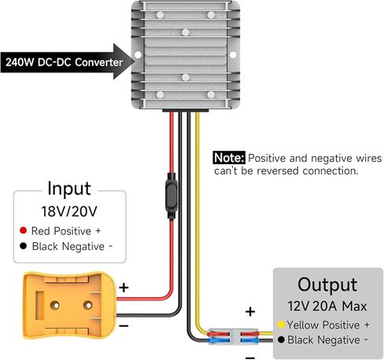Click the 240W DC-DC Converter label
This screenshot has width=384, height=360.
pos(64,62)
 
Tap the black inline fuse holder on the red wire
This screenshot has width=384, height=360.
pos(171,196)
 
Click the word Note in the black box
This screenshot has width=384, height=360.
pos(229,158)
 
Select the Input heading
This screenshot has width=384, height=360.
pos(69,189)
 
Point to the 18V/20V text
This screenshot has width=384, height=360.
pos(69,211)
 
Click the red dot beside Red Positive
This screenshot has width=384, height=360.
pos(23,230)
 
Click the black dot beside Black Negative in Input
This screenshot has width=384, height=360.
pos(23,246)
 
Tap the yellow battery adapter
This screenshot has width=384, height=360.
pos(69,305)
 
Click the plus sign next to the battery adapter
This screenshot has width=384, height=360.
pos(124,288)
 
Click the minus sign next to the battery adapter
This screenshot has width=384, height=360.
pos(124,325)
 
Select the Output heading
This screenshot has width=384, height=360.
pos(327,285)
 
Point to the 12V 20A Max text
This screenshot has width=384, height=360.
pos(327,306)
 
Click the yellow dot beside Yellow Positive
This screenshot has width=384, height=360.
pos(281,325)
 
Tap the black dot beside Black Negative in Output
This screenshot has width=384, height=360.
pos(281,340)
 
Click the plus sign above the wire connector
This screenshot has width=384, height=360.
pos(250,311)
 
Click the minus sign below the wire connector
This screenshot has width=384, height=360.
pos(250,358)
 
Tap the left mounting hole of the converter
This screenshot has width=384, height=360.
pos(138,55)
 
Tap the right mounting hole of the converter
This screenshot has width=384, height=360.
pos(233,55)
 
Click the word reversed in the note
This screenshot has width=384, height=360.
pos(278,171)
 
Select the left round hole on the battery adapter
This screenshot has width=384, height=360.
pos(55,305)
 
